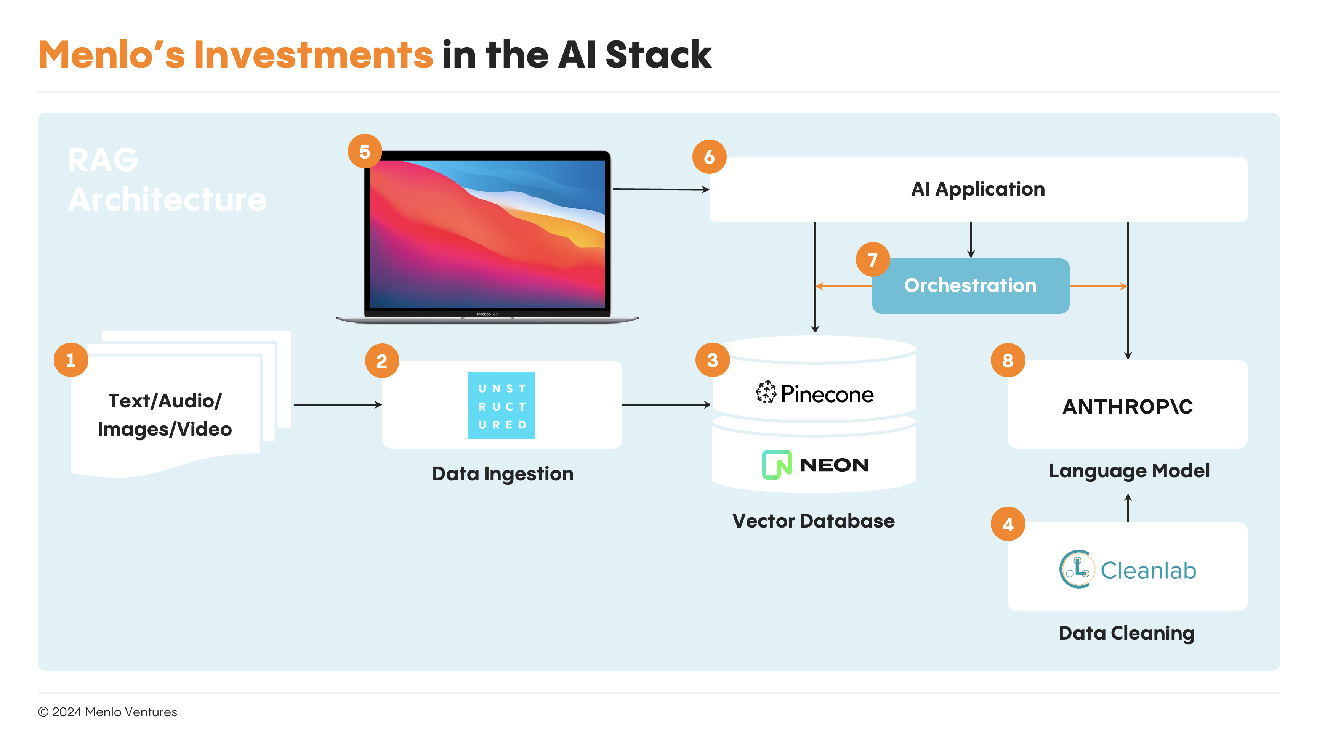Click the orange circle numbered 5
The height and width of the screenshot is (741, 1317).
(365, 151)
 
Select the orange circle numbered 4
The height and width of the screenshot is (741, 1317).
(1008, 524)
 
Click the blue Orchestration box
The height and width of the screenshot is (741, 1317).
(970, 286)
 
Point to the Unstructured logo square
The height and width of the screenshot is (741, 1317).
(501, 406)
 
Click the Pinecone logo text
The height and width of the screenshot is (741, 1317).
(827, 394)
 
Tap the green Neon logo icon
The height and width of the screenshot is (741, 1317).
(777, 464)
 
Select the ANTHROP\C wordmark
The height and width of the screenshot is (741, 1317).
(1127, 407)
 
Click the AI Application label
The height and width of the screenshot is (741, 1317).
(978, 189)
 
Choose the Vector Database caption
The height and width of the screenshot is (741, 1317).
(814, 521)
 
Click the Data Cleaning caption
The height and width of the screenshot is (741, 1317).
(1127, 633)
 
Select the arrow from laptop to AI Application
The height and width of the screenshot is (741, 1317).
(661, 189)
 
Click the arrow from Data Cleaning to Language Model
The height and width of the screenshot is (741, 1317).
(1128, 508)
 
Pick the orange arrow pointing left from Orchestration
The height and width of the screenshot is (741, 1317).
(844, 286)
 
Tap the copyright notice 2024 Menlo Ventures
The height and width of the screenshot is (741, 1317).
(107, 712)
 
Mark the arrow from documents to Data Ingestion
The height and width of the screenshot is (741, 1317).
(338, 404)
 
